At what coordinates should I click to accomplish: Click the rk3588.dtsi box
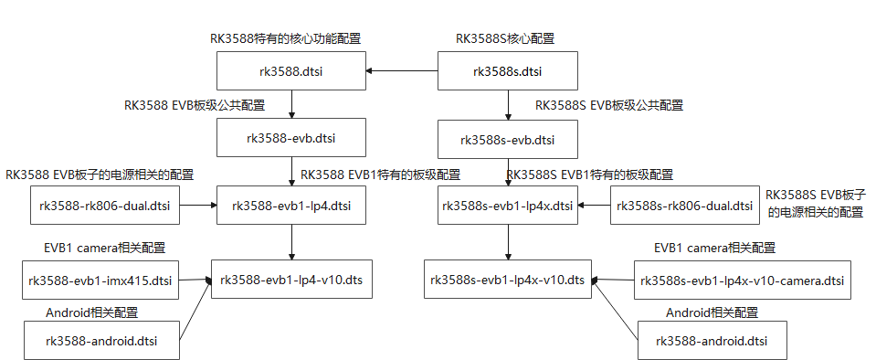tap(290, 71)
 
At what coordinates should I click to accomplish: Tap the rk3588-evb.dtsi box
tap(290, 139)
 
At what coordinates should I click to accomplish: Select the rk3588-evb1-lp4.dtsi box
tap(290, 206)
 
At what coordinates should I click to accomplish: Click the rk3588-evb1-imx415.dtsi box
tap(100, 280)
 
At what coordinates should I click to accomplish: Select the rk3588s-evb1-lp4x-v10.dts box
tap(508, 280)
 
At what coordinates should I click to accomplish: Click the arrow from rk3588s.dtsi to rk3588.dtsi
tap(401, 71)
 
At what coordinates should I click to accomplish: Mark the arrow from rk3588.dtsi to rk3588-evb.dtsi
tap(290, 105)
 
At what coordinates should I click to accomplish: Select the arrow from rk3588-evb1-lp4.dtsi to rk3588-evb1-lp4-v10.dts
tap(290, 242)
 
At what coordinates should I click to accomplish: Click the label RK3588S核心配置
tap(504, 38)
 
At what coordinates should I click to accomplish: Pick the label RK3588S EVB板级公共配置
tap(609, 105)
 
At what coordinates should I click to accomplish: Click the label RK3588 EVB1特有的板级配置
tap(380, 174)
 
